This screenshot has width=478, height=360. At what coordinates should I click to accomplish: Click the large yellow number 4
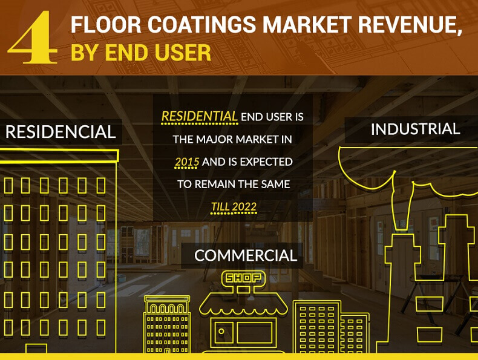(33, 37)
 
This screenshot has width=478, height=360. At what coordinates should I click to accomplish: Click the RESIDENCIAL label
(61, 132)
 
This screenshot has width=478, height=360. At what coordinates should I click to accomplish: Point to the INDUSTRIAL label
(415, 129)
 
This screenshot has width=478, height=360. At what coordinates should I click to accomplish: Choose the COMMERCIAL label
(246, 255)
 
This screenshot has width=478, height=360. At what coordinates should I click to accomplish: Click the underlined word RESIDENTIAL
(200, 117)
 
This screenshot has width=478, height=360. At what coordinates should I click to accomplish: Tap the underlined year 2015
(187, 162)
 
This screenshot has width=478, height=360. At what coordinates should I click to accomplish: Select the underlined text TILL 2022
(234, 207)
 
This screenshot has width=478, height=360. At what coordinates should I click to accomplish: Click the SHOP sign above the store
(243, 278)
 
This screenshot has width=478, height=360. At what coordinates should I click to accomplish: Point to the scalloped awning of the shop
(243, 306)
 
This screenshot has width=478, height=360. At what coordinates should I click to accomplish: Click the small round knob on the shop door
(221, 332)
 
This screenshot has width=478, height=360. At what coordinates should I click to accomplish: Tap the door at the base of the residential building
(36, 349)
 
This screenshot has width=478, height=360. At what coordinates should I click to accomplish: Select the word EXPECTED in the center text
(266, 162)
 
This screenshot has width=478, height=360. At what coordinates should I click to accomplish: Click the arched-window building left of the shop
(167, 324)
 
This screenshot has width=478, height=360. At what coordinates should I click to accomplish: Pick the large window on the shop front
(255, 333)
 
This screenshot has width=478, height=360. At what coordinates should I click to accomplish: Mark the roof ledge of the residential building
(59, 156)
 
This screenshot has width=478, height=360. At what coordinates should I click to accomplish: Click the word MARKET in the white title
(307, 24)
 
